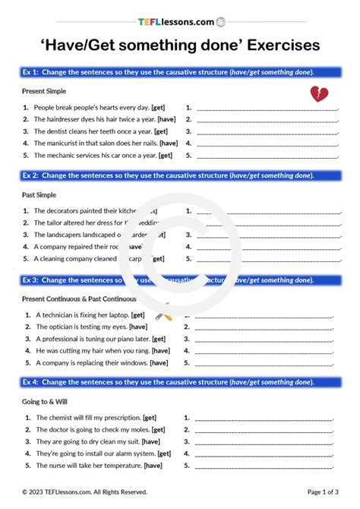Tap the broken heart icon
click(319, 94)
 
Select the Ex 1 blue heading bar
click(180, 71)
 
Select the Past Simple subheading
click(39, 194)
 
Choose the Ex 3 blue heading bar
click(180, 280)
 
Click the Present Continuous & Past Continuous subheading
click(80, 299)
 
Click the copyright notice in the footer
click(84, 492)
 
